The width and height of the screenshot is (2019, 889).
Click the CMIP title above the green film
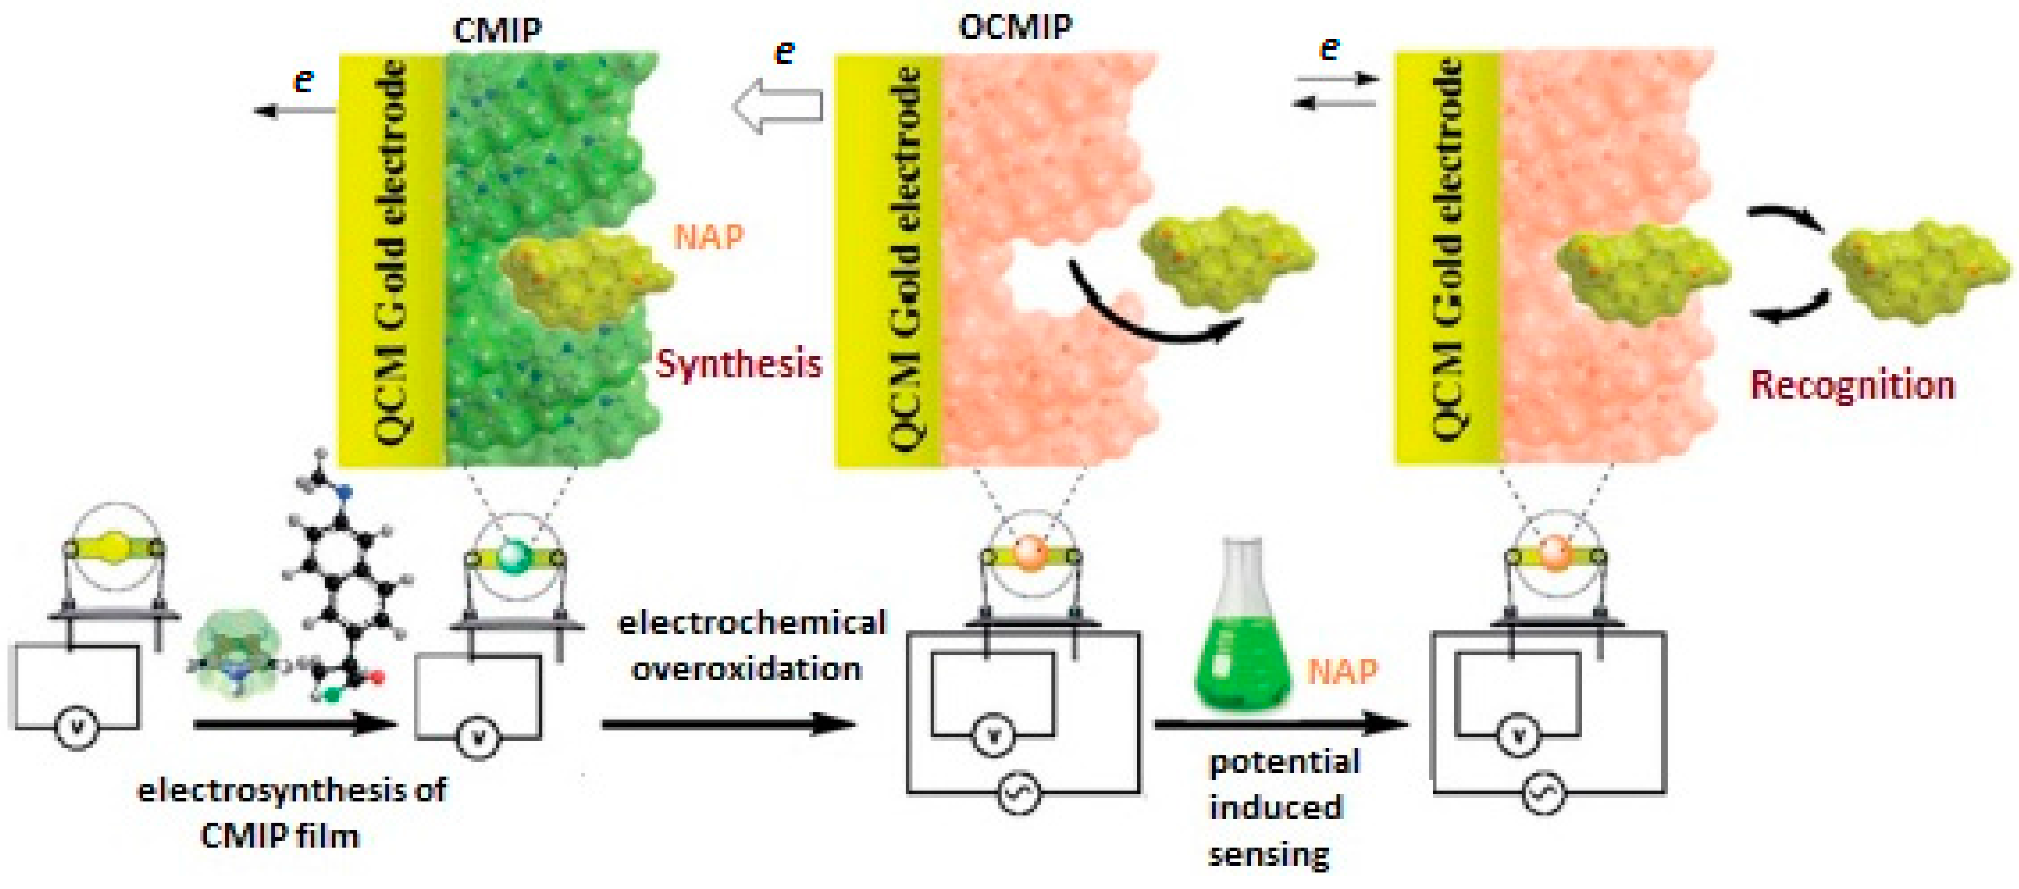click(497, 30)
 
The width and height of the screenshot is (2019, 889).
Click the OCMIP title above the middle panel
click(1015, 27)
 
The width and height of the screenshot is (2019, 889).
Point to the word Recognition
click(1852, 385)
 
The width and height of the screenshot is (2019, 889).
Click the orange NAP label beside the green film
click(708, 236)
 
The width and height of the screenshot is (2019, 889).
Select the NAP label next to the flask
click(1343, 671)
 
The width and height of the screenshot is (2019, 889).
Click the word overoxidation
click(746, 668)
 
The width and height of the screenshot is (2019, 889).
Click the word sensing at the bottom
click(1268, 854)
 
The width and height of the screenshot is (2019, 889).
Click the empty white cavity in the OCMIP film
click(1046, 274)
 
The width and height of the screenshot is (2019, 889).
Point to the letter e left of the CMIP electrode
click(303, 80)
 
